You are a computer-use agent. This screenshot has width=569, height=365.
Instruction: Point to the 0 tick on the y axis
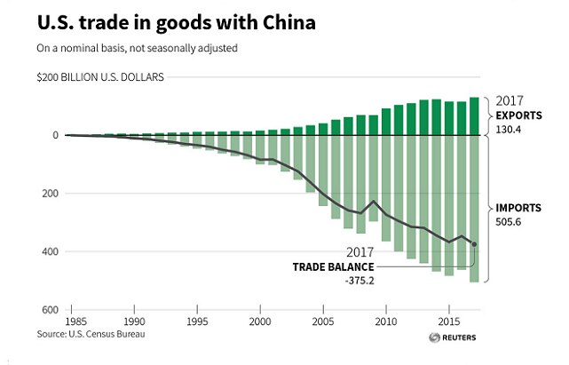pos(55,135)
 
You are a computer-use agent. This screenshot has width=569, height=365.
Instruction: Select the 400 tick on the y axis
pos(50,251)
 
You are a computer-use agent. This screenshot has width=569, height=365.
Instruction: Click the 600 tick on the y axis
pos(50,310)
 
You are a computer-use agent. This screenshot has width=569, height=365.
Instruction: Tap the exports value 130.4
pos(508,129)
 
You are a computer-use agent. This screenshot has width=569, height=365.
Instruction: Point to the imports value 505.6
pos(508,221)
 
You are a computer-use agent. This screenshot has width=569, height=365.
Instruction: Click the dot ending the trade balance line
pos(474,244)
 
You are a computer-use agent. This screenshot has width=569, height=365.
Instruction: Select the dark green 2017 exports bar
pos(474,116)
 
